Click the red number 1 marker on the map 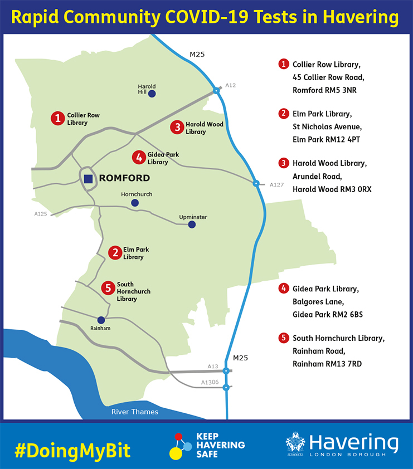57,118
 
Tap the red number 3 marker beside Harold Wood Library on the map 177,128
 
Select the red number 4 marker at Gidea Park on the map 138,158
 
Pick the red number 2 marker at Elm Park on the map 114,253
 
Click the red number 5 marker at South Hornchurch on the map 108,288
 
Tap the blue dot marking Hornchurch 134,203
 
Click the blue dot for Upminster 192,224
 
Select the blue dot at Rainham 101,320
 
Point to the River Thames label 134,412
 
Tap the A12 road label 231,85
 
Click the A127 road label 276,184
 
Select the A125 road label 41,213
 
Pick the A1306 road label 210,382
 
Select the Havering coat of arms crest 296,444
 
